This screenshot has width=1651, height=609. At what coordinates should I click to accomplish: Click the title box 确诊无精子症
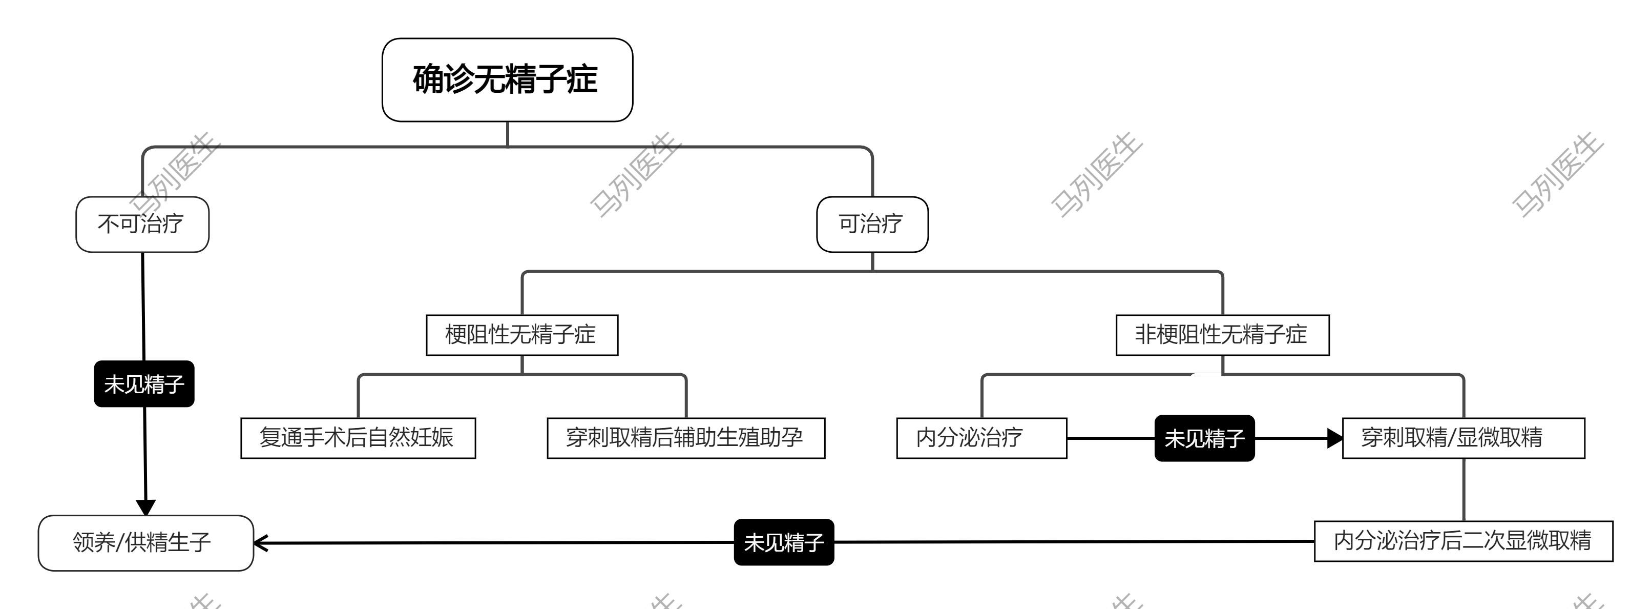coord(507,79)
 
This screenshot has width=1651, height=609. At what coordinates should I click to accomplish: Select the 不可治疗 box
coord(142,224)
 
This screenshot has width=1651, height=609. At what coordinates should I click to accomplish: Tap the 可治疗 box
coord(872,224)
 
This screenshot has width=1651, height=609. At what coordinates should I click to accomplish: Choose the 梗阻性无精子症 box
coord(521,335)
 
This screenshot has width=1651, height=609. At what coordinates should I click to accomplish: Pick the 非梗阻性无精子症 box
coord(1222,335)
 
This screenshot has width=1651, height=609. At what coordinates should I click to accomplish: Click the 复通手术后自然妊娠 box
coord(358,438)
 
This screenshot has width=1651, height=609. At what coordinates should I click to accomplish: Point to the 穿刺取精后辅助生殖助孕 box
coord(685,438)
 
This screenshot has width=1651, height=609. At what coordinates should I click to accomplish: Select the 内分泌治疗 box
coord(981,438)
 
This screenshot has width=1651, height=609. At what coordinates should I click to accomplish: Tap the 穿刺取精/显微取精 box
coord(1463,438)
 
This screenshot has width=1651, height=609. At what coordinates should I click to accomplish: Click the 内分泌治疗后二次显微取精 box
coord(1463,541)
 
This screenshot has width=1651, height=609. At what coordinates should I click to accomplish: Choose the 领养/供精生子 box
coord(145,542)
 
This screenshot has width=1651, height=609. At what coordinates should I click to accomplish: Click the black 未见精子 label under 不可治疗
coord(144,384)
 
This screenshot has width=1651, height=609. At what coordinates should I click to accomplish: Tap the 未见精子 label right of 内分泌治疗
coord(1204,438)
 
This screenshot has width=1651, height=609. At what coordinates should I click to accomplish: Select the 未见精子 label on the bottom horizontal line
coord(784,542)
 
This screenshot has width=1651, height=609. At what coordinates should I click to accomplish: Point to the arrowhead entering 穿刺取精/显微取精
coord(1335,438)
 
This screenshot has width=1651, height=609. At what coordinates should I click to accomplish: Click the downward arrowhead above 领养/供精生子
coord(145,507)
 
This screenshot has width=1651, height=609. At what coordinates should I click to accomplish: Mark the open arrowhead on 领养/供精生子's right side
coord(260,543)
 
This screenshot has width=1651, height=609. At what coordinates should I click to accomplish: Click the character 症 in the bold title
coord(582,79)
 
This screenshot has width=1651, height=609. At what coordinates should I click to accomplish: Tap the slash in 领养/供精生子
coord(119,542)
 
